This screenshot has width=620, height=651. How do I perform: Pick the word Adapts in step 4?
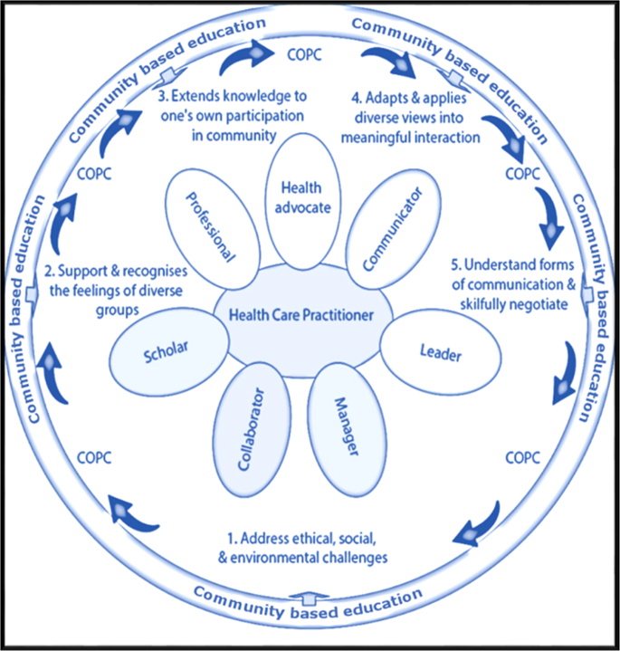click(x=387, y=95)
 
